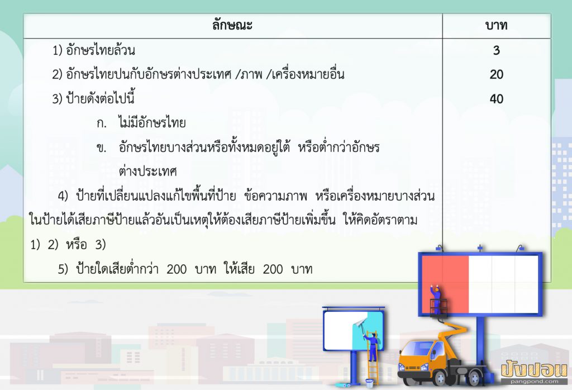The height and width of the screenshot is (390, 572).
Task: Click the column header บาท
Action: pyautogui.click(x=496, y=26)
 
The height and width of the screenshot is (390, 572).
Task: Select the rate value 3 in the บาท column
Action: pyautogui.click(x=496, y=51)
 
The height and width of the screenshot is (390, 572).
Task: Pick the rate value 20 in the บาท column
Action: pyautogui.click(x=496, y=75)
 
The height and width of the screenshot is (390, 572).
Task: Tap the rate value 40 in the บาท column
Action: pyautogui.click(x=496, y=99)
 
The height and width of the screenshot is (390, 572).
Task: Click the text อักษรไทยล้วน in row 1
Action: pyautogui.click(x=102, y=51)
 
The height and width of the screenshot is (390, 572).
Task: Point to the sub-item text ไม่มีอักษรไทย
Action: pyautogui.click(x=152, y=123)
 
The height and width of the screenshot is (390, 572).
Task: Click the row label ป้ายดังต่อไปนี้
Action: pyautogui.click(x=102, y=99)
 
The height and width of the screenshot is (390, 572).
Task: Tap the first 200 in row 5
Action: pyautogui.click(x=177, y=269)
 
